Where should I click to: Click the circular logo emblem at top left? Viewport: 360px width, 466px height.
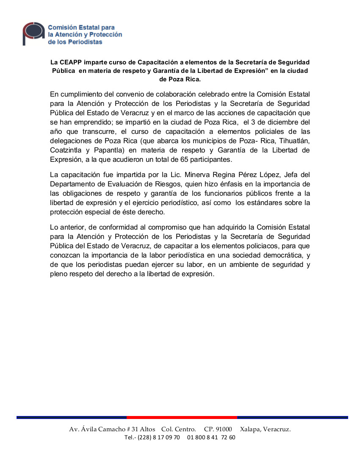pos(33,33)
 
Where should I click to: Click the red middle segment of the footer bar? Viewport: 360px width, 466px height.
pos(182,418)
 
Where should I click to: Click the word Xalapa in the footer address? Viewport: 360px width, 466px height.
pos(249,429)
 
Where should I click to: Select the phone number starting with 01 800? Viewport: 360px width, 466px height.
pos(211,438)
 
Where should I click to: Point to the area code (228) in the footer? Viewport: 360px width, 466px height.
pos(145,438)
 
